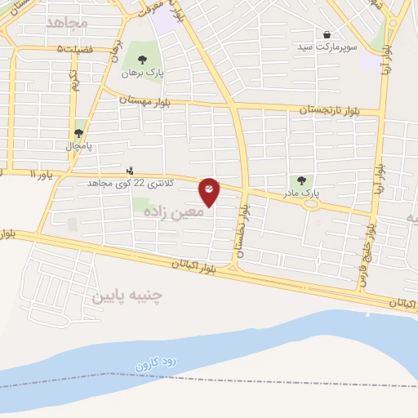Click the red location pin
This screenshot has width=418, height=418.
click(x=210, y=192)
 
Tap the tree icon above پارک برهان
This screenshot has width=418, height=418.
click(x=144, y=60)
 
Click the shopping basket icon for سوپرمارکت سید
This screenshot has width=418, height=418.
click(x=327, y=35)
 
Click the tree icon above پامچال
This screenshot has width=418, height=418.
click(x=79, y=133)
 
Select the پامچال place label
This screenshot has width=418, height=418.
click(x=79, y=146)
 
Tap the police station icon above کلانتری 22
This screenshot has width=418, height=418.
click(x=130, y=171)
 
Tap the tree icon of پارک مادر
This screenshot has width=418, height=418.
click(x=301, y=180)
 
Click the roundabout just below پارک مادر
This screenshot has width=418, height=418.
click(x=311, y=204)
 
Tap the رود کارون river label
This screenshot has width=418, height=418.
click(x=155, y=353)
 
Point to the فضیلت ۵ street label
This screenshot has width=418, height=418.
click(x=71, y=49)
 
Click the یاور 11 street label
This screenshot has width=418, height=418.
click(x=45, y=175)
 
